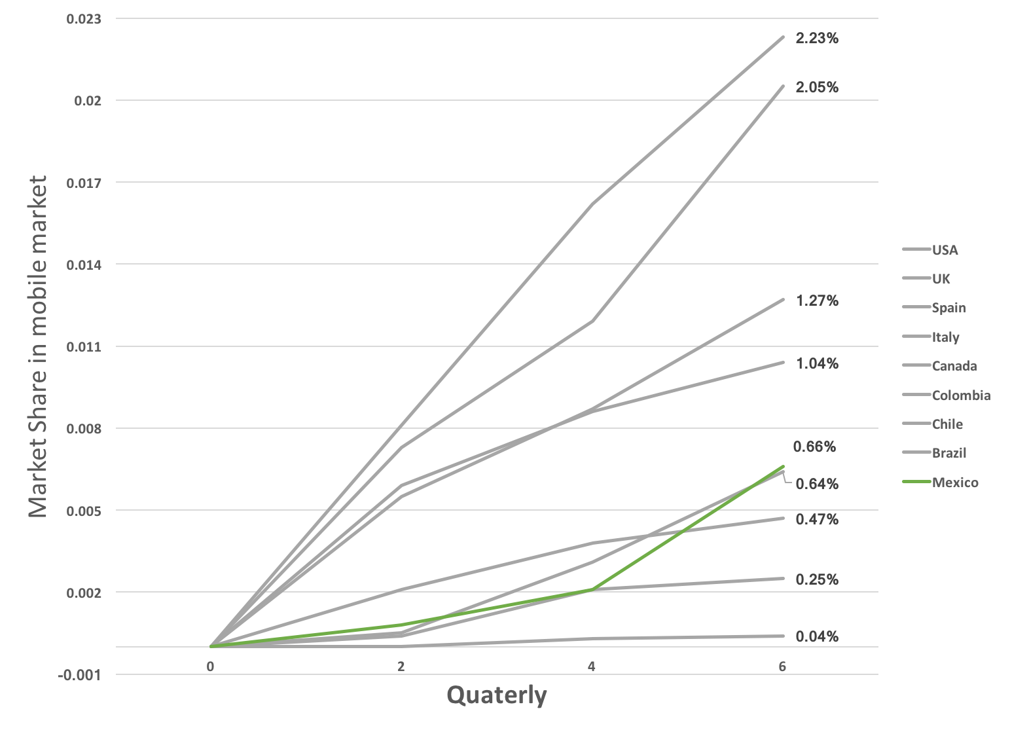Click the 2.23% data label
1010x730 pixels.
(816, 39)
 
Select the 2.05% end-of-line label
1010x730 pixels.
(816, 88)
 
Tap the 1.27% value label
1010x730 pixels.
(816, 301)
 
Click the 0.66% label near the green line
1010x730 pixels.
(814, 447)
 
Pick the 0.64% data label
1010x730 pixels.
(816, 484)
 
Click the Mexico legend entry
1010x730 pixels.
(954, 483)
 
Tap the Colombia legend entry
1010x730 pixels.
(960, 395)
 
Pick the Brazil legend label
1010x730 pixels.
(948, 453)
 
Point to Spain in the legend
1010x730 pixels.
(948, 308)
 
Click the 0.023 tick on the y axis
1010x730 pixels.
(84, 19)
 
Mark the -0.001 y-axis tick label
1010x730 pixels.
(80, 675)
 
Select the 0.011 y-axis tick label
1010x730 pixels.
(84, 347)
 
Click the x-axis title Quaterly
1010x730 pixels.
(496, 695)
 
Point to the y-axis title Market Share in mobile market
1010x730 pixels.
(38, 346)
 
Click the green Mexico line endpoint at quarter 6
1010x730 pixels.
(782, 467)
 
